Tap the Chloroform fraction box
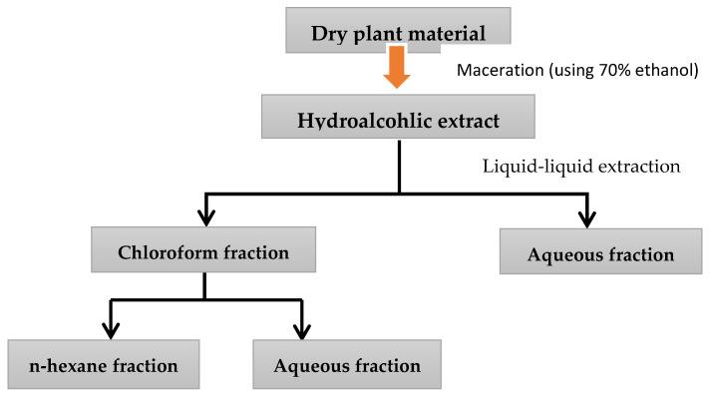(202, 251)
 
